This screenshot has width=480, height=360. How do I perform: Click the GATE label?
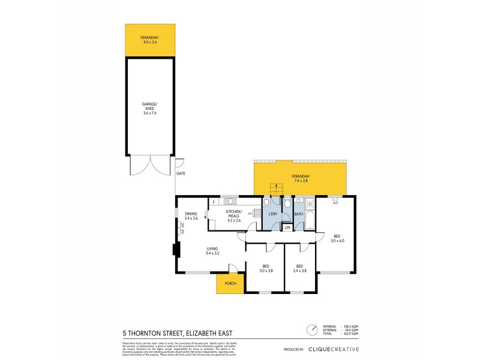tap(181, 173)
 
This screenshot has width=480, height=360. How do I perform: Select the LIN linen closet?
tap(287, 227)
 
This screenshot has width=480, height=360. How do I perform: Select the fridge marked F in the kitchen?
tap(213, 202)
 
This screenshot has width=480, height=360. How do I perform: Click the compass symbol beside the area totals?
tap(311, 329)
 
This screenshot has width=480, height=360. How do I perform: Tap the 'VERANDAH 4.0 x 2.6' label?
tap(150, 40)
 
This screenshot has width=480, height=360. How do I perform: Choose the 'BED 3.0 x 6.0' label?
tap(336, 238)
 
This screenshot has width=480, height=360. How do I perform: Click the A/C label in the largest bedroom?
tap(335, 202)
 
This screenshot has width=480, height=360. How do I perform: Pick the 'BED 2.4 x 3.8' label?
tap(298, 268)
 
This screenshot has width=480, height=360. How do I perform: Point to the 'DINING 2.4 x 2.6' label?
tap(191, 216)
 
